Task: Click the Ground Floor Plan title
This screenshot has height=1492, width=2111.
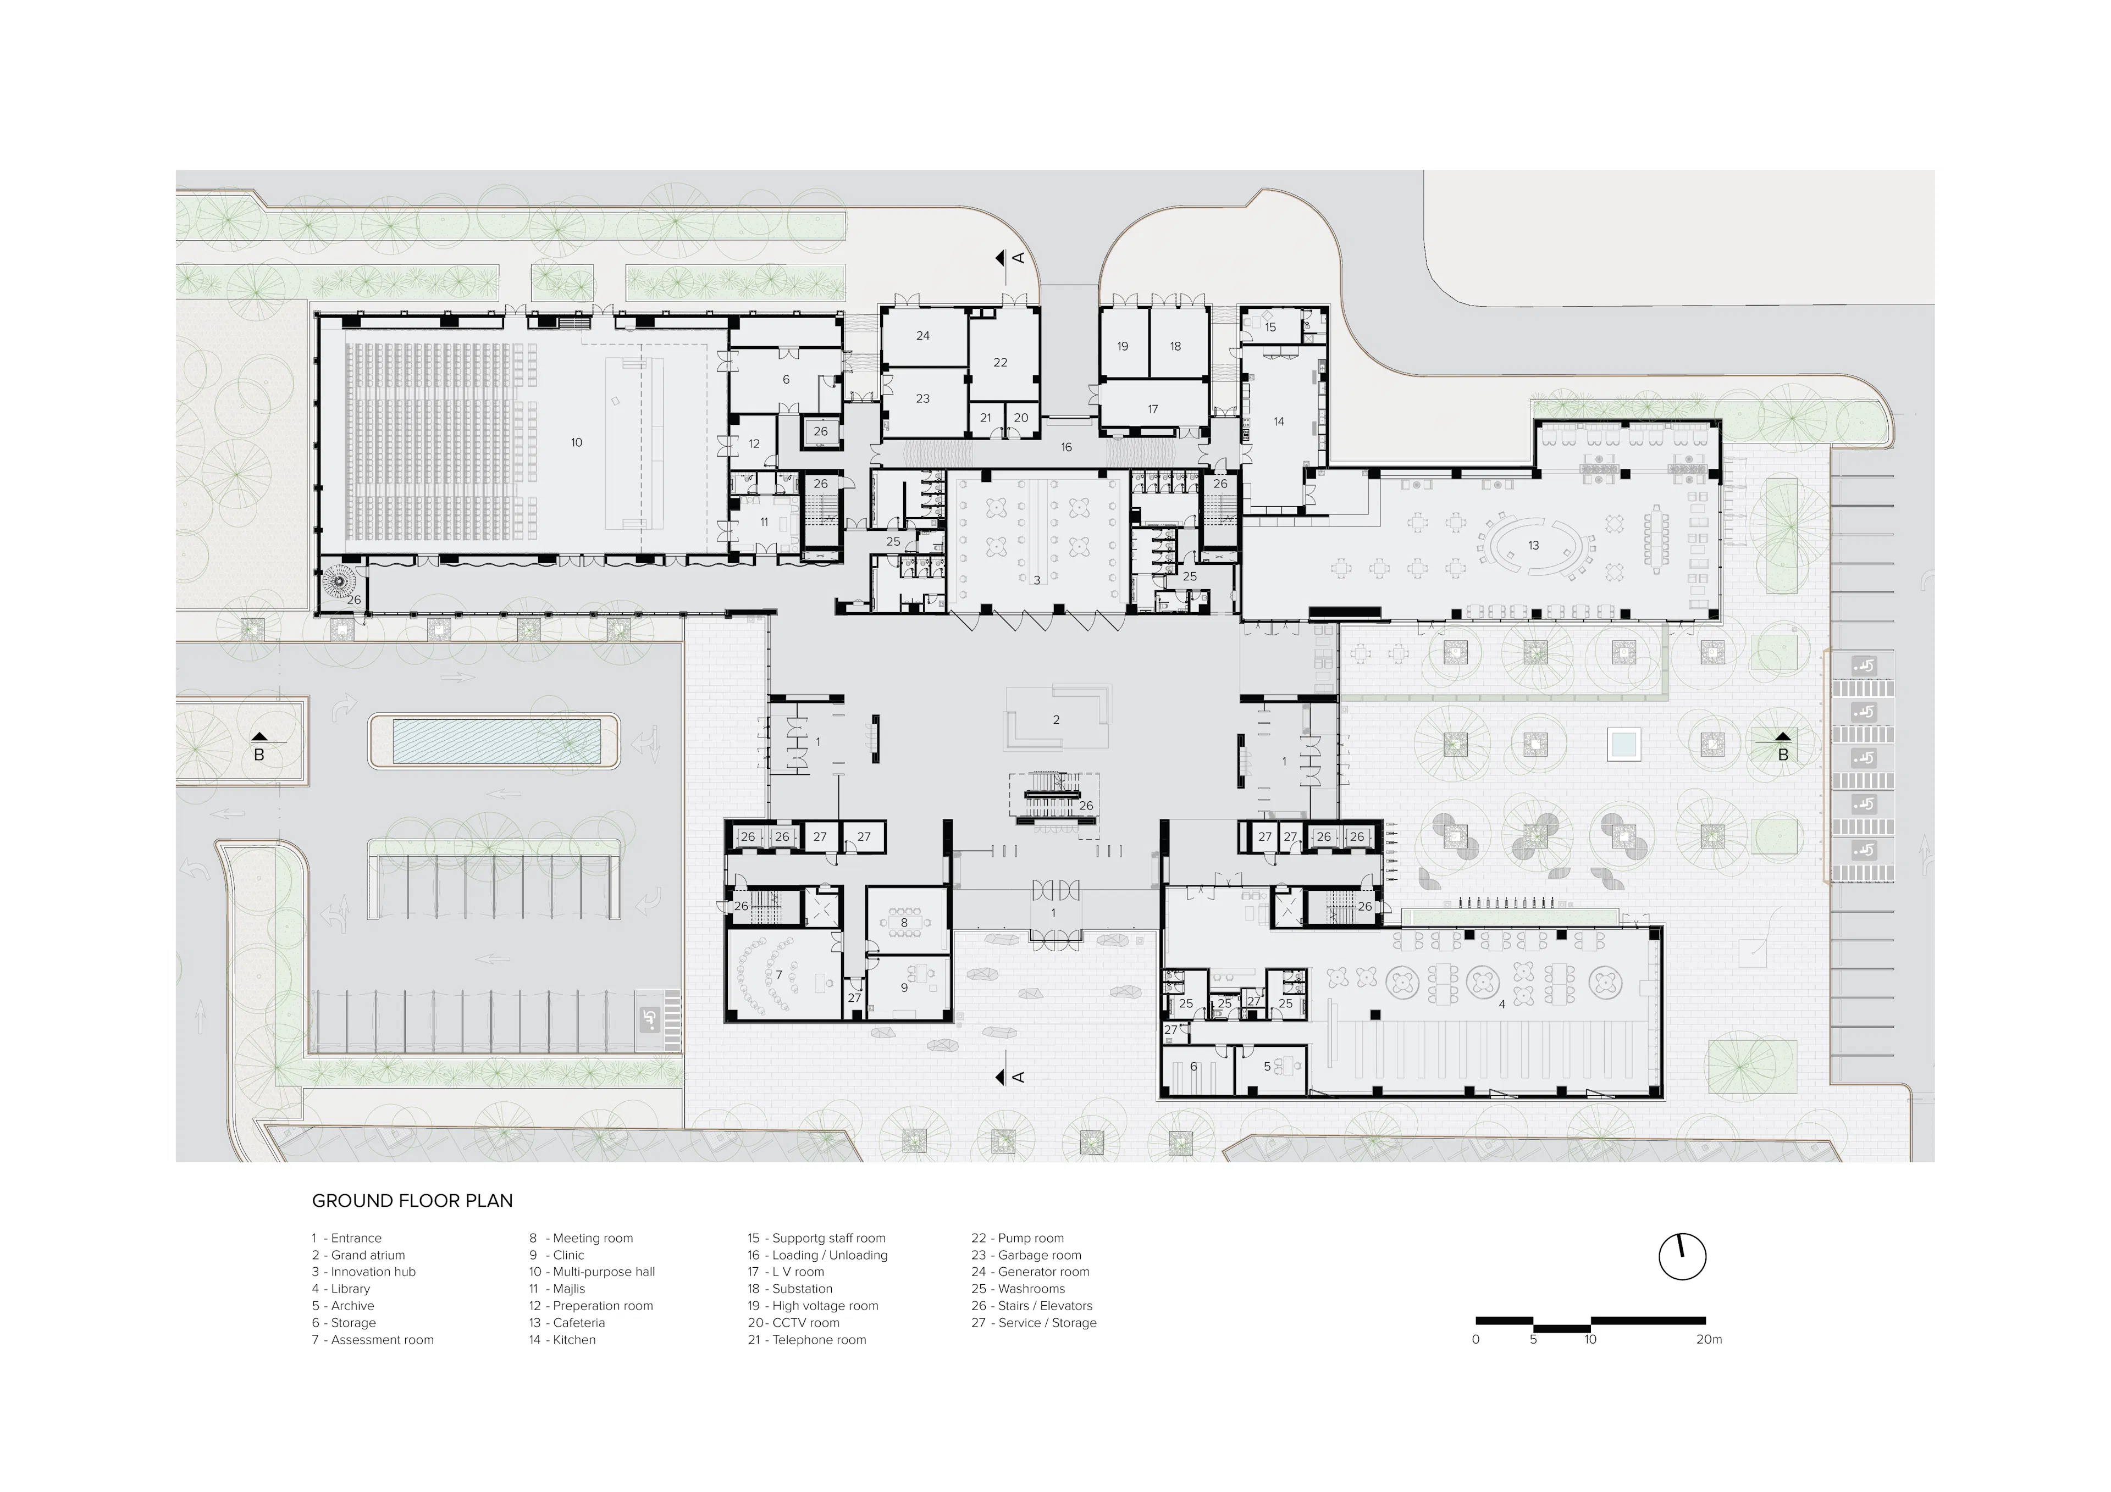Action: pos(412,1201)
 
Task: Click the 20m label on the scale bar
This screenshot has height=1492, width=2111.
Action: pos(1708,1339)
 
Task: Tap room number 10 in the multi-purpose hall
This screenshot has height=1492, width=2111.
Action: pos(577,442)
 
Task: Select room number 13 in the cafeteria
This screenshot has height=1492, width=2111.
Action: pos(1533,545)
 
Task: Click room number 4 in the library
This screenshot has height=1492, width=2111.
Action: pos(1501,1005)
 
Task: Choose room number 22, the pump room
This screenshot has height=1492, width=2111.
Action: pos(1001,362)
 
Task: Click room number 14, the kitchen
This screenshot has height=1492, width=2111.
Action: pos(1278,421)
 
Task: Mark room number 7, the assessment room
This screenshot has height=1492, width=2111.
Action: pos(779,974)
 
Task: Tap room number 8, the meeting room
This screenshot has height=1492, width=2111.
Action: pos(904,922)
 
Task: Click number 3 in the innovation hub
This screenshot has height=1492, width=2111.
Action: pos(1037,580)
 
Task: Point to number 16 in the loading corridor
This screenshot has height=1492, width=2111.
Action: pos(1065,447)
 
